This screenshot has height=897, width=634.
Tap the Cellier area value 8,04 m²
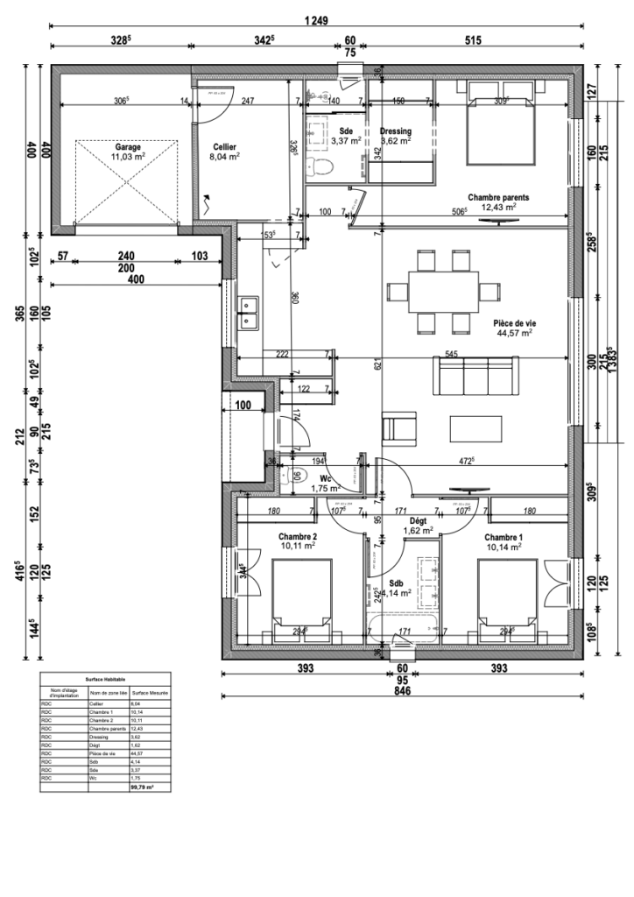click(224, 157)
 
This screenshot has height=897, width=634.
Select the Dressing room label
click(396, 131)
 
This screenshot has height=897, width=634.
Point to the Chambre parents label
click(497, 198)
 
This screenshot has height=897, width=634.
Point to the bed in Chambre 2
click(300, 601)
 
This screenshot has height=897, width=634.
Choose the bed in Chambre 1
click(507, 601)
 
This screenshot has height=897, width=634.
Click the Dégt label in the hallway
click(418, 520)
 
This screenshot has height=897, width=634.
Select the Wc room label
click(325, 478)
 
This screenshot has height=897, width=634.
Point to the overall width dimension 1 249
click(315, 22)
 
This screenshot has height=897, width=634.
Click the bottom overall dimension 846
click(402, 690)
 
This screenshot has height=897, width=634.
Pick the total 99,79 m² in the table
click(141, 788)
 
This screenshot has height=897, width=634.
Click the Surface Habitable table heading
click(105, 679)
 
